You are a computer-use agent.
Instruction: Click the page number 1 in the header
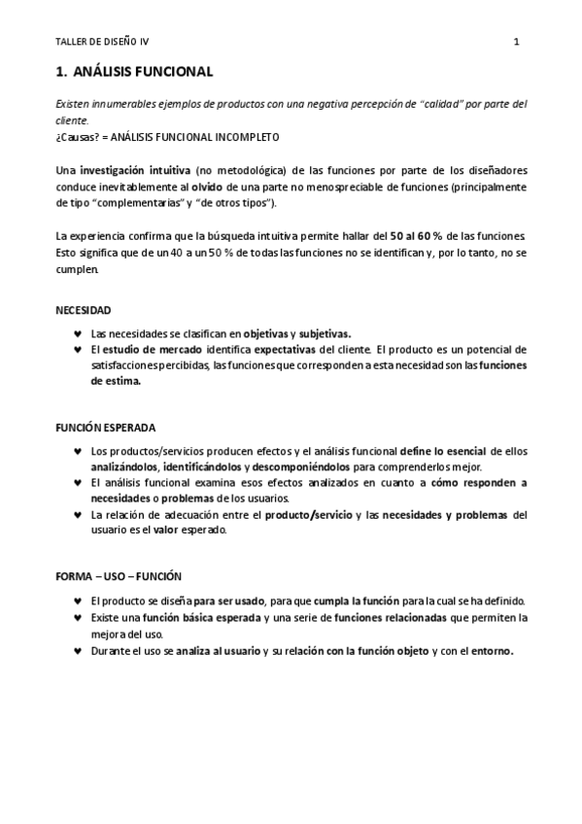pyautogui.click(x=517, y=42)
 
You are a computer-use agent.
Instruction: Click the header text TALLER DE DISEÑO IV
pyautogui.click(x=102, y=42)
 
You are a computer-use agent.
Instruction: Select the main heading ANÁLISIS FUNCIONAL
pyautogui.click(x=142, y=72)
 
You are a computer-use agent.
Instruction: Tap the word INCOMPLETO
pyautogui.click(x=247, y=137)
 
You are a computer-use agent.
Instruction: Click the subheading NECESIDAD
pyautogui.click(x=84, y=310)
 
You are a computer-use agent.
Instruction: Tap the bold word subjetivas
pyautogui.click(x=325, y=332)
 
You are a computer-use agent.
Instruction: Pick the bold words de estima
pyautogui.click(x=116, y=382)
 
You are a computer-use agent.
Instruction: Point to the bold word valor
pyautogui.click(x=165, y=531)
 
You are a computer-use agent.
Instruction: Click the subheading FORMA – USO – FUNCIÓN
pyautogui.click(x=119, y=576)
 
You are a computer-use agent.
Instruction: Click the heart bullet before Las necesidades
pyautogui.click(x=78, y=333)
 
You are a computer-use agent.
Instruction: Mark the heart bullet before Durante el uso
pyautogui.click(x=78, y=651)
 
